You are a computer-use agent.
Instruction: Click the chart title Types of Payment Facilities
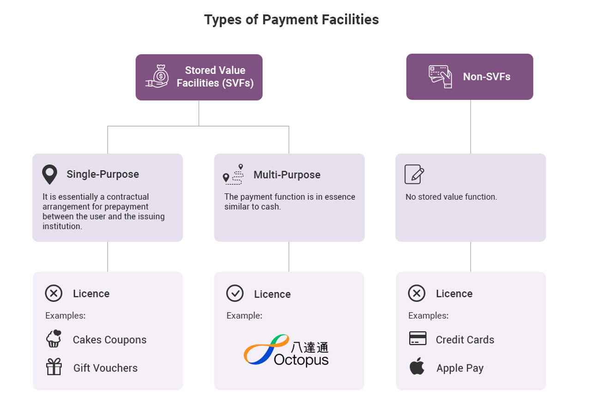[291, 20]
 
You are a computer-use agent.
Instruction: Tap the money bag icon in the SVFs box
[157, 76]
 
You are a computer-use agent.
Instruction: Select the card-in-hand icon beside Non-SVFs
[440, 77]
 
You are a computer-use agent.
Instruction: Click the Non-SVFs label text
[487, 77]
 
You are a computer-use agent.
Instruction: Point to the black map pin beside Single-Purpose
[49, 174]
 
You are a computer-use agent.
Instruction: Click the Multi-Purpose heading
[287, 175]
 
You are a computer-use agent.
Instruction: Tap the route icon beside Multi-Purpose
[233, 174]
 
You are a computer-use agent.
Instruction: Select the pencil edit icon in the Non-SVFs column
[414, 174]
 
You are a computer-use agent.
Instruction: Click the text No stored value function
[451, 197]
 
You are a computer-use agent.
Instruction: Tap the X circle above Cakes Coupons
[54, 293]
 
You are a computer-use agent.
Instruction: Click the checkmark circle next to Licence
[235, 293]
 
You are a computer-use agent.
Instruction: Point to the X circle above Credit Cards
[416, 293]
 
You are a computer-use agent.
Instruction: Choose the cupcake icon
[54, 338]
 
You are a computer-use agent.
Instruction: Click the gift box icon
[54, 367]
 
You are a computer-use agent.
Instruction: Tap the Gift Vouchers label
[106, 368]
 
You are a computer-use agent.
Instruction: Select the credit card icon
[417, 338]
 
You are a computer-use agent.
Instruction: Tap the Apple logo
[417, 366]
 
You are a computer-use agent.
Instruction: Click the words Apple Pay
[460, 368]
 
